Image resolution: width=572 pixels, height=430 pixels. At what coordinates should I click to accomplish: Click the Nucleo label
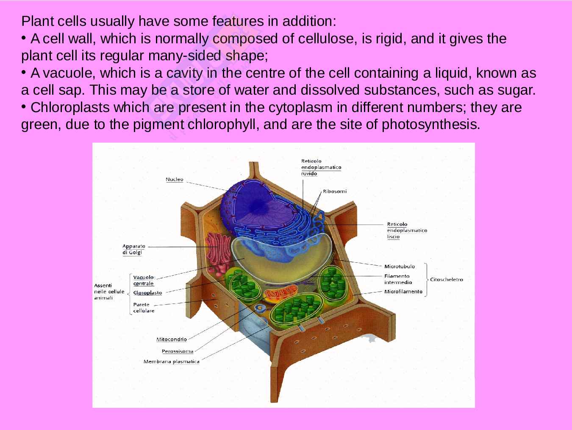[x=174, y=180]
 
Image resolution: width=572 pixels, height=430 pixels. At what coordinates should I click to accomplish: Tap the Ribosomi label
[x=334, y=191]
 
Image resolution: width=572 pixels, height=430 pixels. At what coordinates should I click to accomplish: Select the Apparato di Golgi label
[x=134, y=249]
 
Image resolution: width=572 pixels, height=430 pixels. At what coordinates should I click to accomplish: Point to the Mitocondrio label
[x=172, y=339]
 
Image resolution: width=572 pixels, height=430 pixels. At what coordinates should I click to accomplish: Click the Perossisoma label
[x=178, y=351]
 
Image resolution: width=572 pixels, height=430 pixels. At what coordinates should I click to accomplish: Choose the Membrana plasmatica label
[x=172, y=362]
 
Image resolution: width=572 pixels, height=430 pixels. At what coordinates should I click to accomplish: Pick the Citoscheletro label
[x=447, y=279]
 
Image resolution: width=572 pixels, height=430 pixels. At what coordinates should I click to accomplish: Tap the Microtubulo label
[x=400, y=267]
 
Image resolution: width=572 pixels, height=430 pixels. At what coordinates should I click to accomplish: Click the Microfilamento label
[x=403, y=292]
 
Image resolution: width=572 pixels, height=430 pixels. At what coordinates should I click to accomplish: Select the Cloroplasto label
[x=147, y=293]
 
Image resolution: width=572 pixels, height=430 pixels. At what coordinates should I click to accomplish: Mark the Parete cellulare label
[x=144, y=308]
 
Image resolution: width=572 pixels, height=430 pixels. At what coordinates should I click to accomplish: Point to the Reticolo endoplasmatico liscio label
[x=407, y=230]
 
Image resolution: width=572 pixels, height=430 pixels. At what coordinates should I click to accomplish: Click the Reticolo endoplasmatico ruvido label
[x=321, y=167]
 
